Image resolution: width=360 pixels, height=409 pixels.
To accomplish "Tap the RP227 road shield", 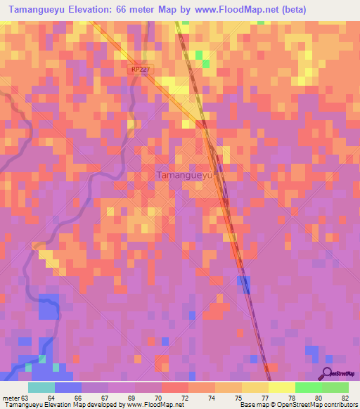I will coord(140,69).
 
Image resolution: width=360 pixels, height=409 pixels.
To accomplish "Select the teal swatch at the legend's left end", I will coord(41,387).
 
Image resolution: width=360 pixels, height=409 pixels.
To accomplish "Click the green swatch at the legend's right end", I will coord(335,387).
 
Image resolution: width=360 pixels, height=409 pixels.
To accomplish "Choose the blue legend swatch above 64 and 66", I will coord(68,387).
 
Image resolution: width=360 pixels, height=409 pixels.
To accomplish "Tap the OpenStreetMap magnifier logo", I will coord(328,373).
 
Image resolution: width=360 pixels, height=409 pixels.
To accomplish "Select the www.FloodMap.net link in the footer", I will coord(151,405).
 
